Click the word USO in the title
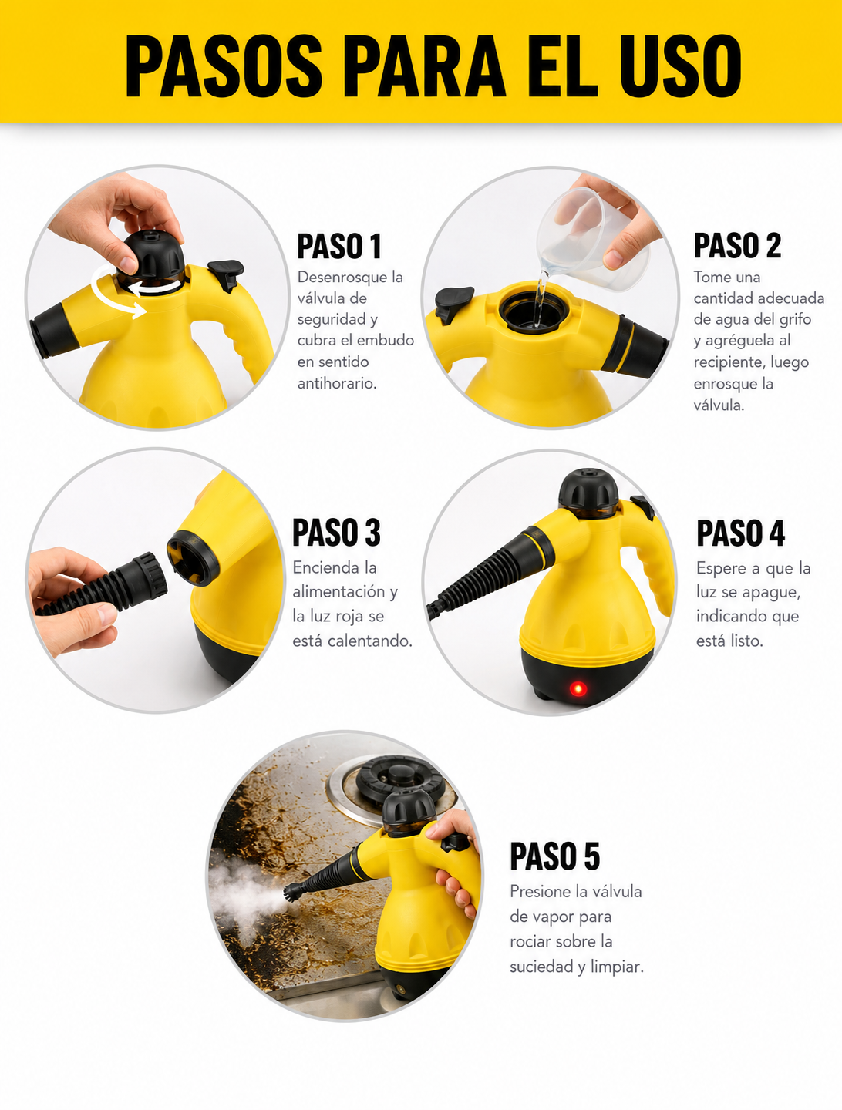(x=681, y=66)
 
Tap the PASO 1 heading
(x=338, y=246)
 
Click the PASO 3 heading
(x=336, y=533)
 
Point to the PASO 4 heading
(x=740, y=533)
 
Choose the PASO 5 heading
(x=554, y=856)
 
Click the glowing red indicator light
(x=578, y=688)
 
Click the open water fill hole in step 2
(x=534, y=311)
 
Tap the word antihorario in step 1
(x=337, y=383)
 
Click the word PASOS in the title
(x=224, y=66)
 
